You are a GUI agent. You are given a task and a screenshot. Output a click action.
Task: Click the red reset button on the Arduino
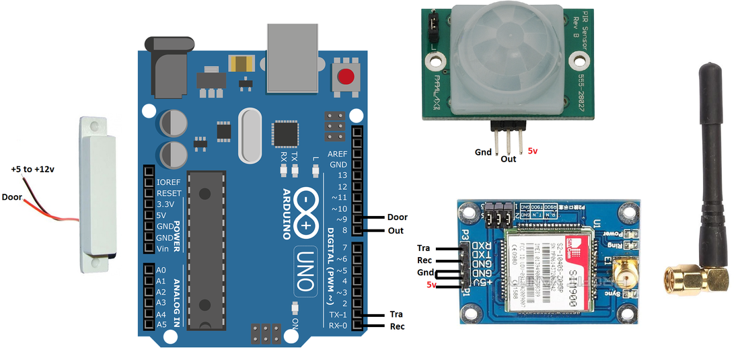tap(346, 75)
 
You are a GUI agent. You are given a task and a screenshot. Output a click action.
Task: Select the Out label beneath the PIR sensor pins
tap(509, 159)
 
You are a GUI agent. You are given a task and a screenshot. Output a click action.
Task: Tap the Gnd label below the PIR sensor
tap(483, 153)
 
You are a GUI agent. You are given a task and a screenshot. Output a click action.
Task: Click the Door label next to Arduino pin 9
tap(397, 217)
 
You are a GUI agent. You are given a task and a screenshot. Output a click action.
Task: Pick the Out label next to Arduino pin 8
tap(396, 231)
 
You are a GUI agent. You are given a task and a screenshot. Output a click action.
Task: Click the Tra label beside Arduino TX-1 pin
tap(396, 314)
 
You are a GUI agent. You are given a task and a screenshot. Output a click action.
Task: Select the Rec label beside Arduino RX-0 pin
tap(397, 327)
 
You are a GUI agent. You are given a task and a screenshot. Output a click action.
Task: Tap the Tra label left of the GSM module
tap(423, 248)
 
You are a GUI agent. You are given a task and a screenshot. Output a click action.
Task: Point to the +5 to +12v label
tap(32, 169)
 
